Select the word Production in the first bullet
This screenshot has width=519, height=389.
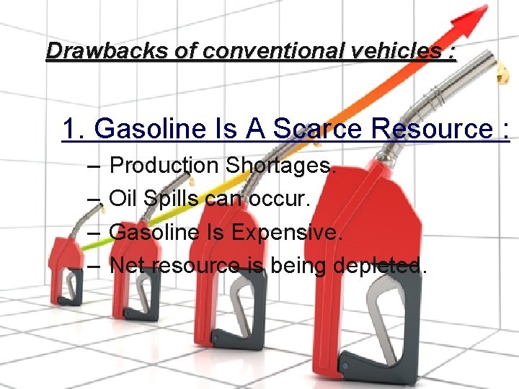pos(164,166)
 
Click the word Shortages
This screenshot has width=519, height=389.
pos(281,166)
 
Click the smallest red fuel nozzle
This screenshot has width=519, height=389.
pos(67,267)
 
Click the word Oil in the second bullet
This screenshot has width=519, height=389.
pos(123,199)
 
